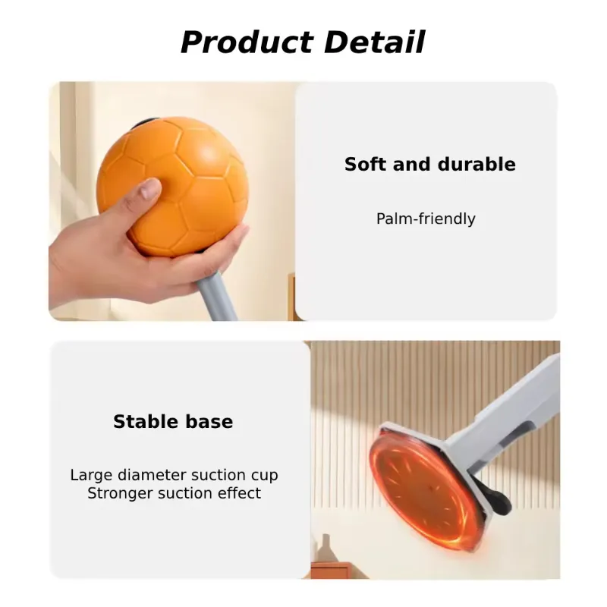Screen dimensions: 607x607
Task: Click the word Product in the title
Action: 247,42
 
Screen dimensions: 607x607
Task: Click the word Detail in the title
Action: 375,42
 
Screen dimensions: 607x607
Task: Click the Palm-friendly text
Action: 426,219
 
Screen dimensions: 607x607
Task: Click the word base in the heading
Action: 209,422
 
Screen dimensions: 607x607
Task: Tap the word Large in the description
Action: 91,476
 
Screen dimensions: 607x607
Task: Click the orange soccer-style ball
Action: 173,187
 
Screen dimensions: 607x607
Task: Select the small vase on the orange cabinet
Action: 326,549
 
